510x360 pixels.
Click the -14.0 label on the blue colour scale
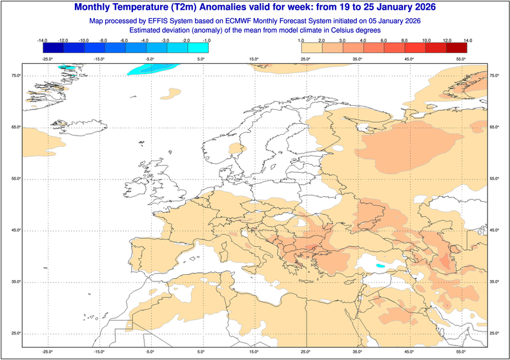tap(43, 41)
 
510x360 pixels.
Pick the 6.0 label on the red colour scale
tap(385, 41)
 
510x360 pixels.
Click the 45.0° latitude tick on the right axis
tap(495, 230)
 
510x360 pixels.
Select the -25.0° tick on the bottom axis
tap(46, 352)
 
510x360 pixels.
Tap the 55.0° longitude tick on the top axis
tap(460, 59)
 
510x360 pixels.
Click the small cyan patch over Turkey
tap(380, 265)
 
